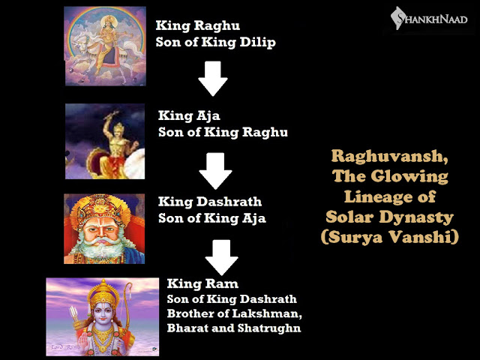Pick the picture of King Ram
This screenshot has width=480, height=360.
[x=103, y=316]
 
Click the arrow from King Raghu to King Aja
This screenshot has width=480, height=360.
[x=213, y=79]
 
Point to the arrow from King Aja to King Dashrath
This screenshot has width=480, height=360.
[x=215, y=172]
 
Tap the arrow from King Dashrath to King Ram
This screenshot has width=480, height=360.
[x=221, y=257]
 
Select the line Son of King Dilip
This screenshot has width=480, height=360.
[x=216, y=42]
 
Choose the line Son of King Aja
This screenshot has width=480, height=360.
[x=212, y=219]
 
